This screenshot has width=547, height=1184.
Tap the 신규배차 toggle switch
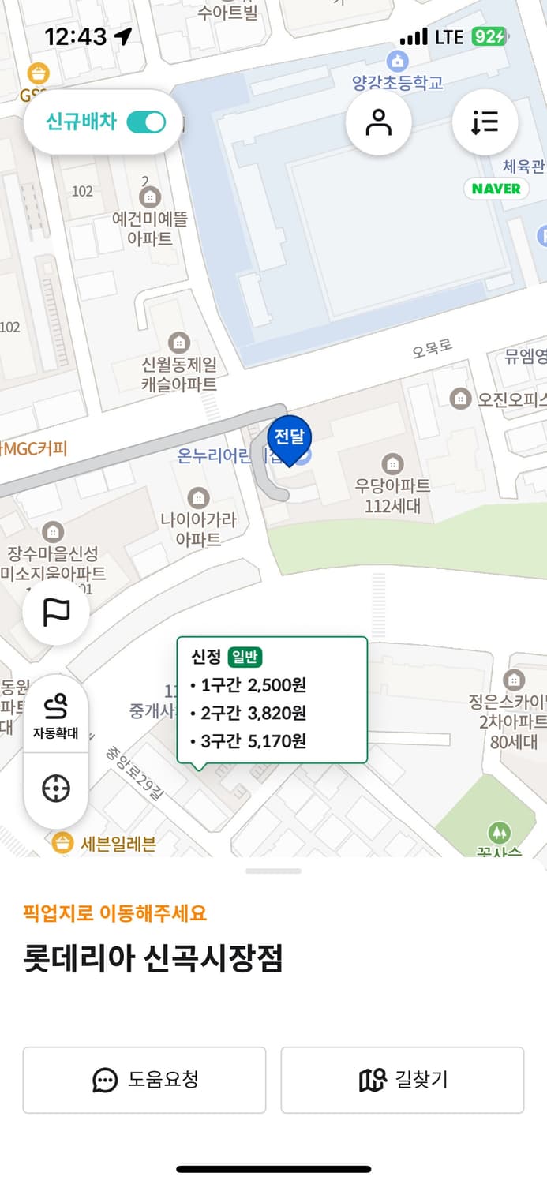(146, 122)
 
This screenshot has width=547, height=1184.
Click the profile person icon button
(379, 123)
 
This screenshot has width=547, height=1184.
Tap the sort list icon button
(485, 123)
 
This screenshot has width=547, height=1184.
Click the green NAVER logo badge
(496, 189)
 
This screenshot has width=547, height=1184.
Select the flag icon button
(56, 613)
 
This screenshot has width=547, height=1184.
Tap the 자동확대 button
(56, 714)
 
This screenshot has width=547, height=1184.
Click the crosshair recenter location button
(56, 789)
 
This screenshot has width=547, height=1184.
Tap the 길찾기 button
(403, 1080)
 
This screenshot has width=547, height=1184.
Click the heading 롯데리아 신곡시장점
(153, 959)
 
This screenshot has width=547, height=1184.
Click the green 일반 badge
(245, 657)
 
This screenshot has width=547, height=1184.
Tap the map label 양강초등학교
(398, 81)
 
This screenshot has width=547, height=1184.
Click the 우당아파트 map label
(392, 495)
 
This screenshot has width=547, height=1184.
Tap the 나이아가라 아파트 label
(198, 529)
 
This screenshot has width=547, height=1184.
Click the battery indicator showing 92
(489, 36)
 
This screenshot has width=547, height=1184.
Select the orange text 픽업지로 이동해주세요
(115, 913)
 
